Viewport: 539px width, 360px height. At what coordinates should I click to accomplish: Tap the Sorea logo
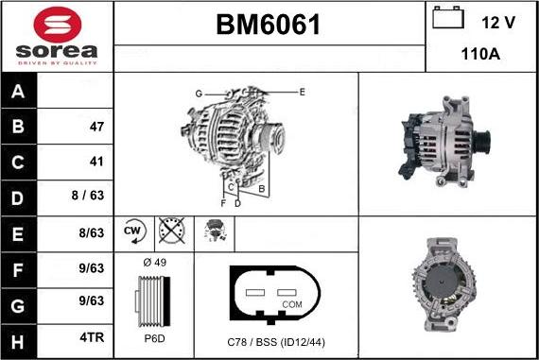pyautogui.click(x=58, y=36)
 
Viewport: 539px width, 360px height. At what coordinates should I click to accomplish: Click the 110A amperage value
pyautogui.click(x=479, y=55)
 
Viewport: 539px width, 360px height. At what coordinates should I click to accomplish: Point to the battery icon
pyautogui.click(x=446, y=18)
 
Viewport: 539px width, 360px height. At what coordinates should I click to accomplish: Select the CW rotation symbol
pyautogui.click(x=133, y=231)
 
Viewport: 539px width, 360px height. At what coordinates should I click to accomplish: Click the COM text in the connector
pyautogui.click(x=293, y=304)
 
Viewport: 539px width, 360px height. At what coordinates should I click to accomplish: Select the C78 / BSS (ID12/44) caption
pyautogui.click(x=276, y=341)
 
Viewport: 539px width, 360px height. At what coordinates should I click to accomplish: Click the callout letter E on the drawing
pyautogui.click(x=302, y=92)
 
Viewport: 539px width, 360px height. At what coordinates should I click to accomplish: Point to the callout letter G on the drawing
pyautogui.click(x=199, y=94)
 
